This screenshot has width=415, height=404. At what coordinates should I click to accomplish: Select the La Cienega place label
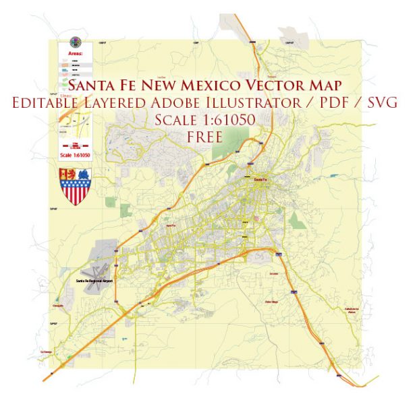click(46, 351)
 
